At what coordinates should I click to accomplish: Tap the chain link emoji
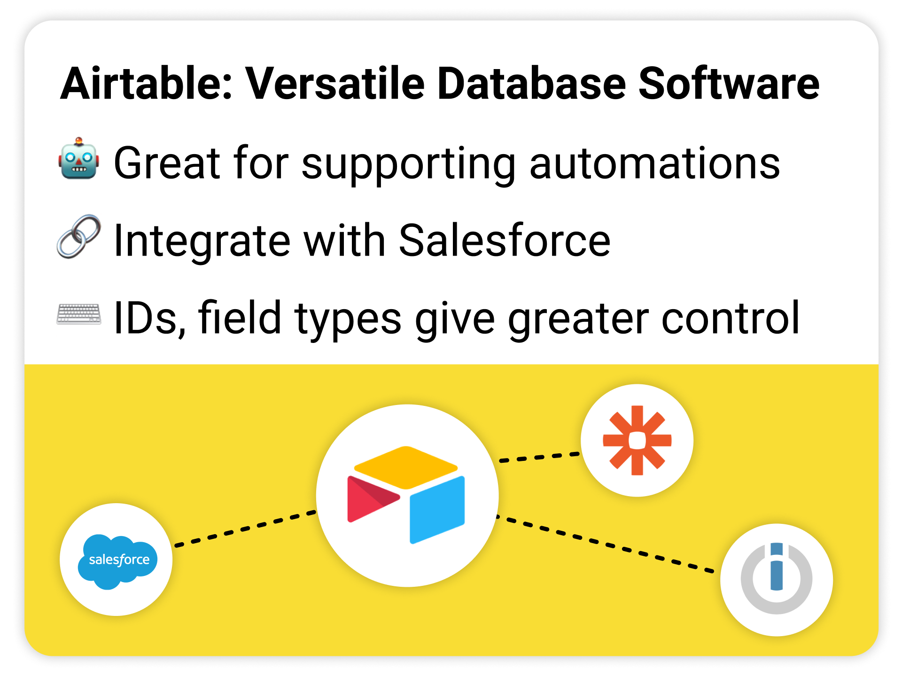click(79, 237)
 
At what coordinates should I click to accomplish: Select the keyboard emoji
click(79, 314)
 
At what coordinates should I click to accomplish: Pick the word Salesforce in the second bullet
click(505, 240)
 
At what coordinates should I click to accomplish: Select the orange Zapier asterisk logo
click(637, 440)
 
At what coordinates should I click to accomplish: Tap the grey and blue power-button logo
click(777, 578)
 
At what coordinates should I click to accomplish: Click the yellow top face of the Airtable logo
click(406, 467)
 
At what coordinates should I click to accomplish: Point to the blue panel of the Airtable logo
click(437, 510)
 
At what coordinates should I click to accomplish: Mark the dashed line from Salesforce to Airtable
click(245, 529)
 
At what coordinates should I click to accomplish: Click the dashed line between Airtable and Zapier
click(539, 457)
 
